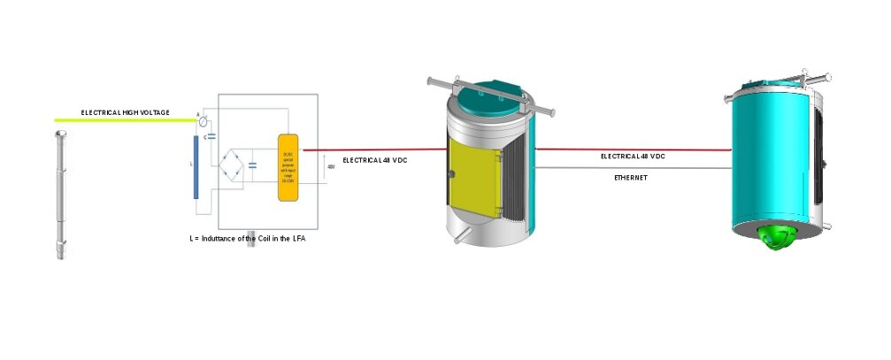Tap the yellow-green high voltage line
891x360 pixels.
coord(124,120)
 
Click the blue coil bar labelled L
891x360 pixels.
coord(196,167)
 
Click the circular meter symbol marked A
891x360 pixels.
coord(204,120)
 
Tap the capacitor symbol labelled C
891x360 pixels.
coord(211,137)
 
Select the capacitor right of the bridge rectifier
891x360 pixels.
coord(254,165)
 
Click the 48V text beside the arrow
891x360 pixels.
coord(331,166)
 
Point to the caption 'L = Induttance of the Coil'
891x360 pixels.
coord(249,239)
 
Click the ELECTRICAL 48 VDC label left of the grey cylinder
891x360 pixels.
coord(375,159)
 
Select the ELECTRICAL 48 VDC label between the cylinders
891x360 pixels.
coord(633,156)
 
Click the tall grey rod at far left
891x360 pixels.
coord(60,195)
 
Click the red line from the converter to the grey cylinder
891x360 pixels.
coord(372,149)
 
